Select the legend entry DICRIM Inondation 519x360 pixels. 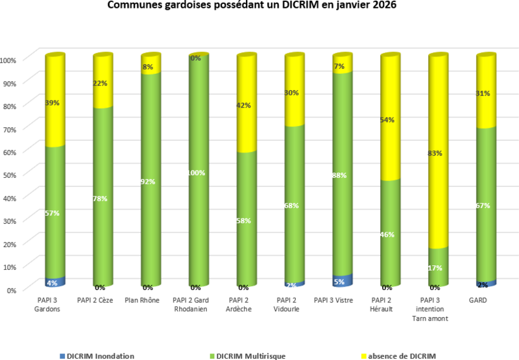click(x=100, y=355)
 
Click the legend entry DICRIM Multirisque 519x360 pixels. click(x=250, y=355)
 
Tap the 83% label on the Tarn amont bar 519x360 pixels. click(x=435, y=154)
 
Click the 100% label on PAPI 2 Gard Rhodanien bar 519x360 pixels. click(x=196, y=173)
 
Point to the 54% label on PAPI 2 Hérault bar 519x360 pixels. click(x=387, y=120)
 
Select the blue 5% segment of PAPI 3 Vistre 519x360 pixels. click(x=339, y=282)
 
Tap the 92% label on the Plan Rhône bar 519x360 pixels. click(x=148, y=182)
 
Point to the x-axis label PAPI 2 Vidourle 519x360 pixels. click(x=291, y=305)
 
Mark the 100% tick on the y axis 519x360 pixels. click(x=9, y=60)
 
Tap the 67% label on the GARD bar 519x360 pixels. click(x=483, y=206)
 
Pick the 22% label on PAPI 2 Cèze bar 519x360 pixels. click(x=100, y=83)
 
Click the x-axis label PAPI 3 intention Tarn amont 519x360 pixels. click(x=434, y=309)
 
